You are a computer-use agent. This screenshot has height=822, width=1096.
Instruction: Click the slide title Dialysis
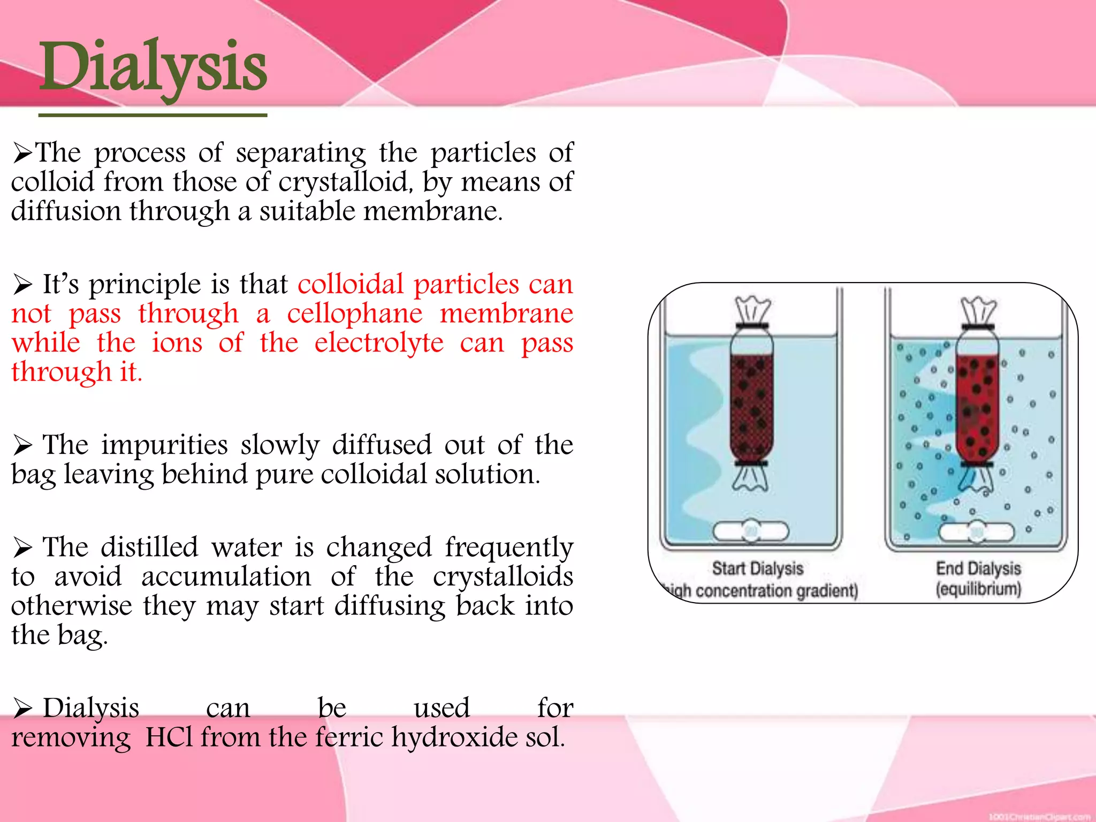[153, 67]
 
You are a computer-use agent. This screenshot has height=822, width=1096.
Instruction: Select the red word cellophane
[354, 314]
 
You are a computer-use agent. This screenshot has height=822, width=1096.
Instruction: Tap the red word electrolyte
[379, 343]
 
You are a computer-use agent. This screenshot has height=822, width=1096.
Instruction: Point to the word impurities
[165, 445]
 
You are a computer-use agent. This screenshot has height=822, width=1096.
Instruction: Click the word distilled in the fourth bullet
[149, 547]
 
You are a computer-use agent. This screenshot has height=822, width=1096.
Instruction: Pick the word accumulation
[226, 577]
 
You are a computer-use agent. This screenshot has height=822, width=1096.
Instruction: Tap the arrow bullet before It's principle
[23, 284]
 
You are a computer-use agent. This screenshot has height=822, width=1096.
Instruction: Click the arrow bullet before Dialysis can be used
[23, 709]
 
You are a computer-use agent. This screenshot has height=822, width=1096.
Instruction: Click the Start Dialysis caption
[757, 568]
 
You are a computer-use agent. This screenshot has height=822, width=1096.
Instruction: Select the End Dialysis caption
[978, 568]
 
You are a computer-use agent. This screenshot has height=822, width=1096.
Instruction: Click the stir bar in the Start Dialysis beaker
[751, 531]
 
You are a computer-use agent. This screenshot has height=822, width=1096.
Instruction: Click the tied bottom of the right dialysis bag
[976, 478]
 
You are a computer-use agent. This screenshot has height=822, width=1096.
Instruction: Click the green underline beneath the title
[153, 115]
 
